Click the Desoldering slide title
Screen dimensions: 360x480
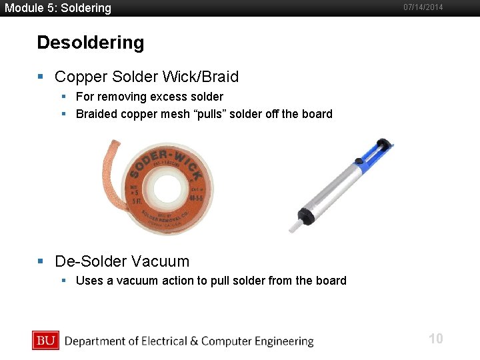(90, 43)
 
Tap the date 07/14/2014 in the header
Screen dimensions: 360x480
(423, 7)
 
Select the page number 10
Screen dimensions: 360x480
(435, 339)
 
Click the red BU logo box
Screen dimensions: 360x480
(45, 341)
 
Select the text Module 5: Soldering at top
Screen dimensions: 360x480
(57, 8)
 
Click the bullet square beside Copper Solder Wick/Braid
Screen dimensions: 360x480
(41, 77)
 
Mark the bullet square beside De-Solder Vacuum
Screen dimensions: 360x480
(41, 261)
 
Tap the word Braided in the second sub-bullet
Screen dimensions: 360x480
(96, 114)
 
